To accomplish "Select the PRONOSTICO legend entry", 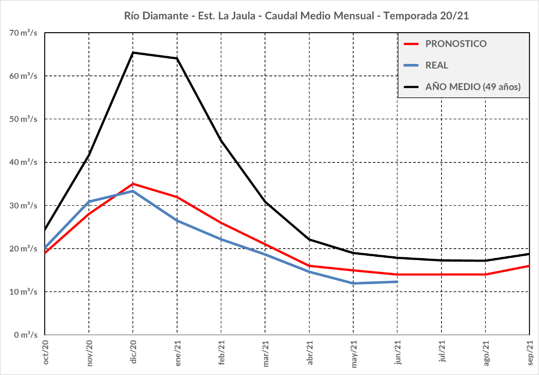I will [455, 44].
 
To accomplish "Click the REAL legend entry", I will [436, 65].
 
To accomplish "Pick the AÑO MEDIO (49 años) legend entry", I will [473, 87].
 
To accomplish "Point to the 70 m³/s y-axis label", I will [24, 33].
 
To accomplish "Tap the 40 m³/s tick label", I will [24, 162].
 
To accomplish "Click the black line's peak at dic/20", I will [133, 52].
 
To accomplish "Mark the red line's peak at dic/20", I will [133, 184].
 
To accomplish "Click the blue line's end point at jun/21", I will [397, 282].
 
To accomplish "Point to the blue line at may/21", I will [353, 283].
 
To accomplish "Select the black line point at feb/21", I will [221, 140].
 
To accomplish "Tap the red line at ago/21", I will [485, 274].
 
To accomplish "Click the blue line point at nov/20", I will [89, 201].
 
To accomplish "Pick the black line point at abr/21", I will [309, 239].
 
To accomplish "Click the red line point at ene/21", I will [177, 197].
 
